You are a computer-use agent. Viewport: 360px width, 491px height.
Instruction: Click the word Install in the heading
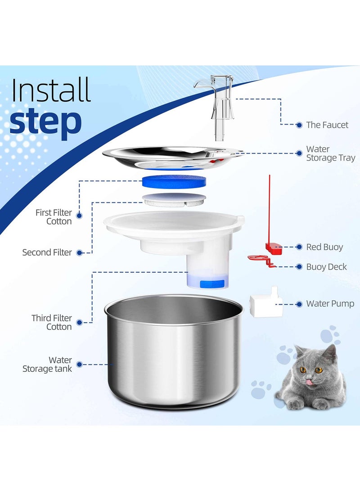[x=51, y=90]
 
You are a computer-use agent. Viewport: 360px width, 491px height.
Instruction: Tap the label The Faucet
[x=327, y=125]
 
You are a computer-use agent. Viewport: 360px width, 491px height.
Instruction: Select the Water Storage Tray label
[x=330, y=153]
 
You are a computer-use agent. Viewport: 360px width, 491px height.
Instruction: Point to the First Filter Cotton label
[x=54, y=216]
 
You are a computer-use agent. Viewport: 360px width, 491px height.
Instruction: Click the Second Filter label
[x=47, y=252]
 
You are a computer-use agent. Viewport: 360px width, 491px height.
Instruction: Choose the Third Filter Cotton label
[x=51, y=322]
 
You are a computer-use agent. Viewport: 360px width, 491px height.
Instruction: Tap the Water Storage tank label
[x=47, y=365]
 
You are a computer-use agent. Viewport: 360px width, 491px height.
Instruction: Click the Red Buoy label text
[x=324, y=247]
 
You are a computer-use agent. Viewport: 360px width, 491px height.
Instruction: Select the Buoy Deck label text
[x=326, y=267]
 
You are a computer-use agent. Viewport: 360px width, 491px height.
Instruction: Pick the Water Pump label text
[x=330, y=304]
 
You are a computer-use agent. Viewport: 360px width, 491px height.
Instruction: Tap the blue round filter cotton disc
[x=174, y=181]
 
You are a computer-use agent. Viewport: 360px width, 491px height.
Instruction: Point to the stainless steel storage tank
[x=174, y=356]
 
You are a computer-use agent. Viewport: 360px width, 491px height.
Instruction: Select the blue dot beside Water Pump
[x=299, y=304]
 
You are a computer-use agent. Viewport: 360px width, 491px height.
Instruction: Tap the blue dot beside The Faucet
[x=299, y=125]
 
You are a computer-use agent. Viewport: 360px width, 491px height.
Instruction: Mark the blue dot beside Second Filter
[x=80, y=253]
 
